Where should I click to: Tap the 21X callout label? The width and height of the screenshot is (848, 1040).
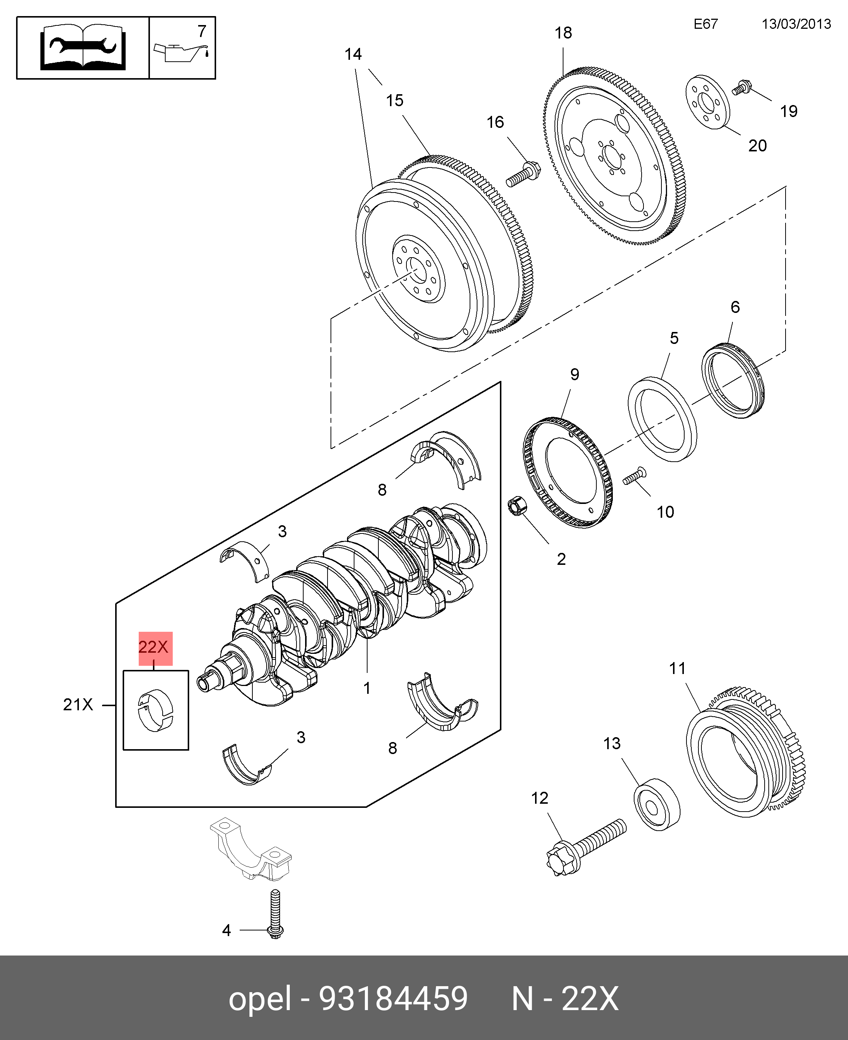tap(78, 705)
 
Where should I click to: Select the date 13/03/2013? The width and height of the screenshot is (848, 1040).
tap(796, 24)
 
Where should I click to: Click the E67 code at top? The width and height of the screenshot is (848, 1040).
tap(706, 24)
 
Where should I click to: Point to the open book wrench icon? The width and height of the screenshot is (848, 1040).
tap(83, 48)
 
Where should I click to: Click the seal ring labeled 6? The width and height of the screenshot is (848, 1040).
tap(733, 381)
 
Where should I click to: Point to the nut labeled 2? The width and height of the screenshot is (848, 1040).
tap(518, 505)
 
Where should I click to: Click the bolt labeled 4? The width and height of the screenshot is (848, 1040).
tap(276, 914)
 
